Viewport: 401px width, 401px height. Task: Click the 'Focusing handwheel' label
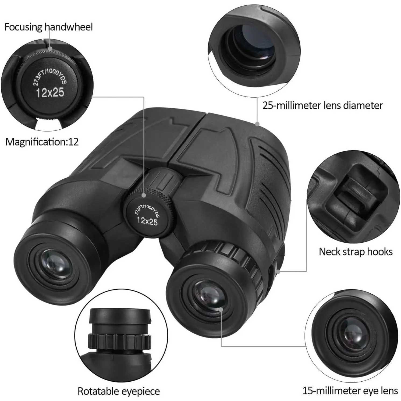[49, 27]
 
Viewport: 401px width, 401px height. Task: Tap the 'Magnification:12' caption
[42, 142]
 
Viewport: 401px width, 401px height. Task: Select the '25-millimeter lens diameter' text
[322, 105]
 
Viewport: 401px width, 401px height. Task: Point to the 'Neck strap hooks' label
[356, 252]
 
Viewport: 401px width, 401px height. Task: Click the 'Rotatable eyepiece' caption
[119, 391]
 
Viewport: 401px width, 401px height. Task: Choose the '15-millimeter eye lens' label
[350, 391]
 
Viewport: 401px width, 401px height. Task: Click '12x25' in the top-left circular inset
[50, 93]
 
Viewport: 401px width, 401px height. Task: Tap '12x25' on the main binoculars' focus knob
[147, 221]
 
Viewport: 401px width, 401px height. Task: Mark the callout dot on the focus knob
[144, 196]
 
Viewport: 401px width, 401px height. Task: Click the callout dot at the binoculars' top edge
[257, 124]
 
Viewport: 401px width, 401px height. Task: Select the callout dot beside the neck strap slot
[278, 272]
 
